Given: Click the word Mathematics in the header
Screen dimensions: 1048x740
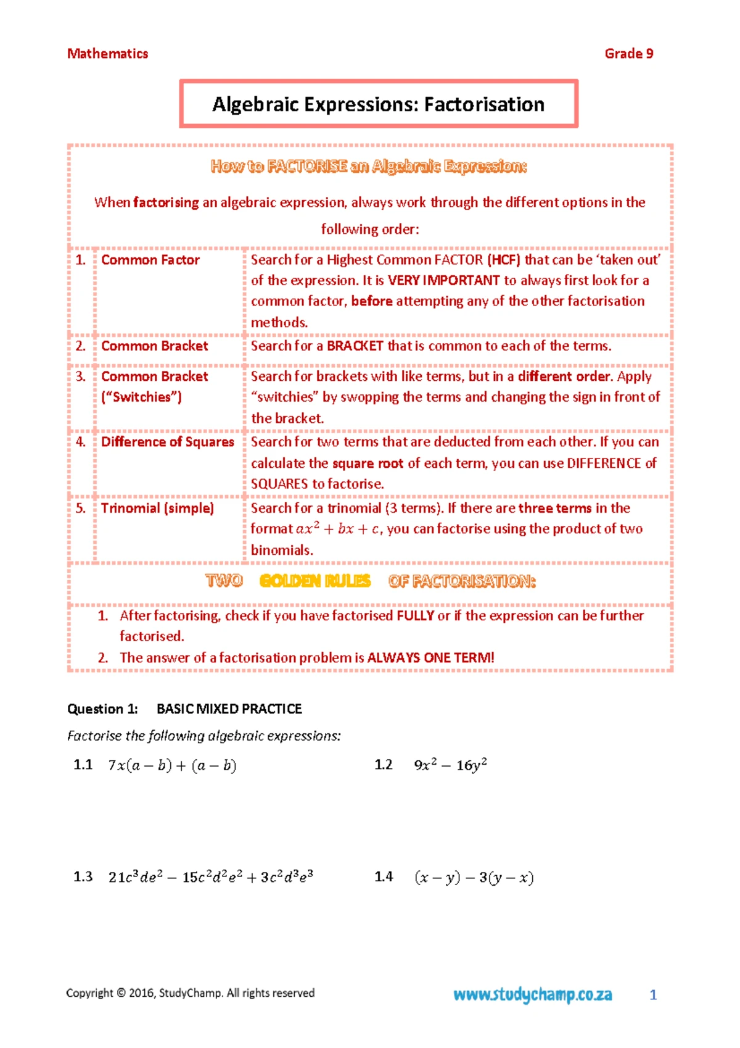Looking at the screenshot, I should point(107,54).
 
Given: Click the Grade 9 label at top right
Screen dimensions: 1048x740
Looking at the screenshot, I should point(628,54).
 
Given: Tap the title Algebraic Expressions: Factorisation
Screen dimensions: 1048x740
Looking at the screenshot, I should point(378,104).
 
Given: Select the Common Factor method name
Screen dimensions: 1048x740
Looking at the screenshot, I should point(150,260).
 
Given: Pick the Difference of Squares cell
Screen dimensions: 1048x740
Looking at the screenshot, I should point(168,442).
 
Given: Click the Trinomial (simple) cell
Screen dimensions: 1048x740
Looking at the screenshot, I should point(157,508).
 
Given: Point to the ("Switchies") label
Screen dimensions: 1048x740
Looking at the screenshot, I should point(141,397).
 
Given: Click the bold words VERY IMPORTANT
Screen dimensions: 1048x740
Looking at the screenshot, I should point(443,281).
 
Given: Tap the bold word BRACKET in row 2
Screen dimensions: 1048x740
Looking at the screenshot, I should point(355,346).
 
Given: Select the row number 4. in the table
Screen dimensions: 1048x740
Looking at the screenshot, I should point(81,442).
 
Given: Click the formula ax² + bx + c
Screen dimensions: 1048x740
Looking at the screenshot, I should point(337,529).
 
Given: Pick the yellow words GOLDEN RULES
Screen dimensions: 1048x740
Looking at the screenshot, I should point(315,581).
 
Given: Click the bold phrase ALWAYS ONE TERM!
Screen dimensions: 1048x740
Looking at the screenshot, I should point(430,658).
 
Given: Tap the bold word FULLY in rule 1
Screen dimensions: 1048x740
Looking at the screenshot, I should point(415,616).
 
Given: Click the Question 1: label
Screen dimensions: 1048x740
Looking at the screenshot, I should point(102,709).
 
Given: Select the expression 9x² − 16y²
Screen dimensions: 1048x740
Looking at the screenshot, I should point(450,765).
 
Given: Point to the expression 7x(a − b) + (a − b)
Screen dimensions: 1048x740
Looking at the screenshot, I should point(172,766).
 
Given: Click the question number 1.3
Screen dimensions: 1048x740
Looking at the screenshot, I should point(83,877).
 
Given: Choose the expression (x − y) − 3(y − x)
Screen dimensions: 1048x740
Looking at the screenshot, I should point(474,878).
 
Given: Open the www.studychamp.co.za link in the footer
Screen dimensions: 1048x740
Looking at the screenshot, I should point(533,994).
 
